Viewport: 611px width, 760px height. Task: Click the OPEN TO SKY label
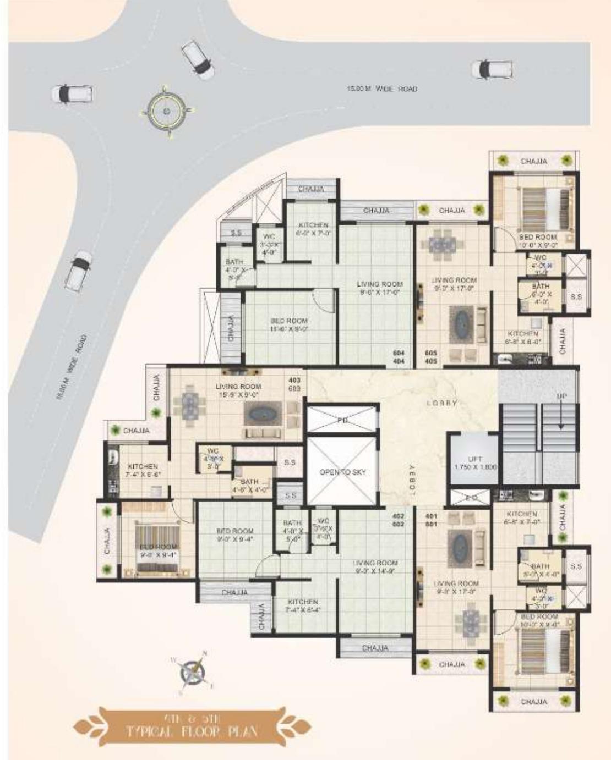342,472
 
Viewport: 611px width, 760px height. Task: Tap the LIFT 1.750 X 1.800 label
476,462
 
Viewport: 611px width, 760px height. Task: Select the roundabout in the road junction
167,112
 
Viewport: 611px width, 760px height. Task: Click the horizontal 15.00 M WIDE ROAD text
381,89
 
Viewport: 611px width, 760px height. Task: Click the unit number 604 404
399,357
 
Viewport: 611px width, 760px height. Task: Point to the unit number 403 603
294,384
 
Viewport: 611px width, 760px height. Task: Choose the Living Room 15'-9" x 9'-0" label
238,390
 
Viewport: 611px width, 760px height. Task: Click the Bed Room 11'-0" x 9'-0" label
289,324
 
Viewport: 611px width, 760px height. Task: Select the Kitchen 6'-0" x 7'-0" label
313,229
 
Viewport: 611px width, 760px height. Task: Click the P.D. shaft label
342,420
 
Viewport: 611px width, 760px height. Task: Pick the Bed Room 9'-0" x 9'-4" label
235,535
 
